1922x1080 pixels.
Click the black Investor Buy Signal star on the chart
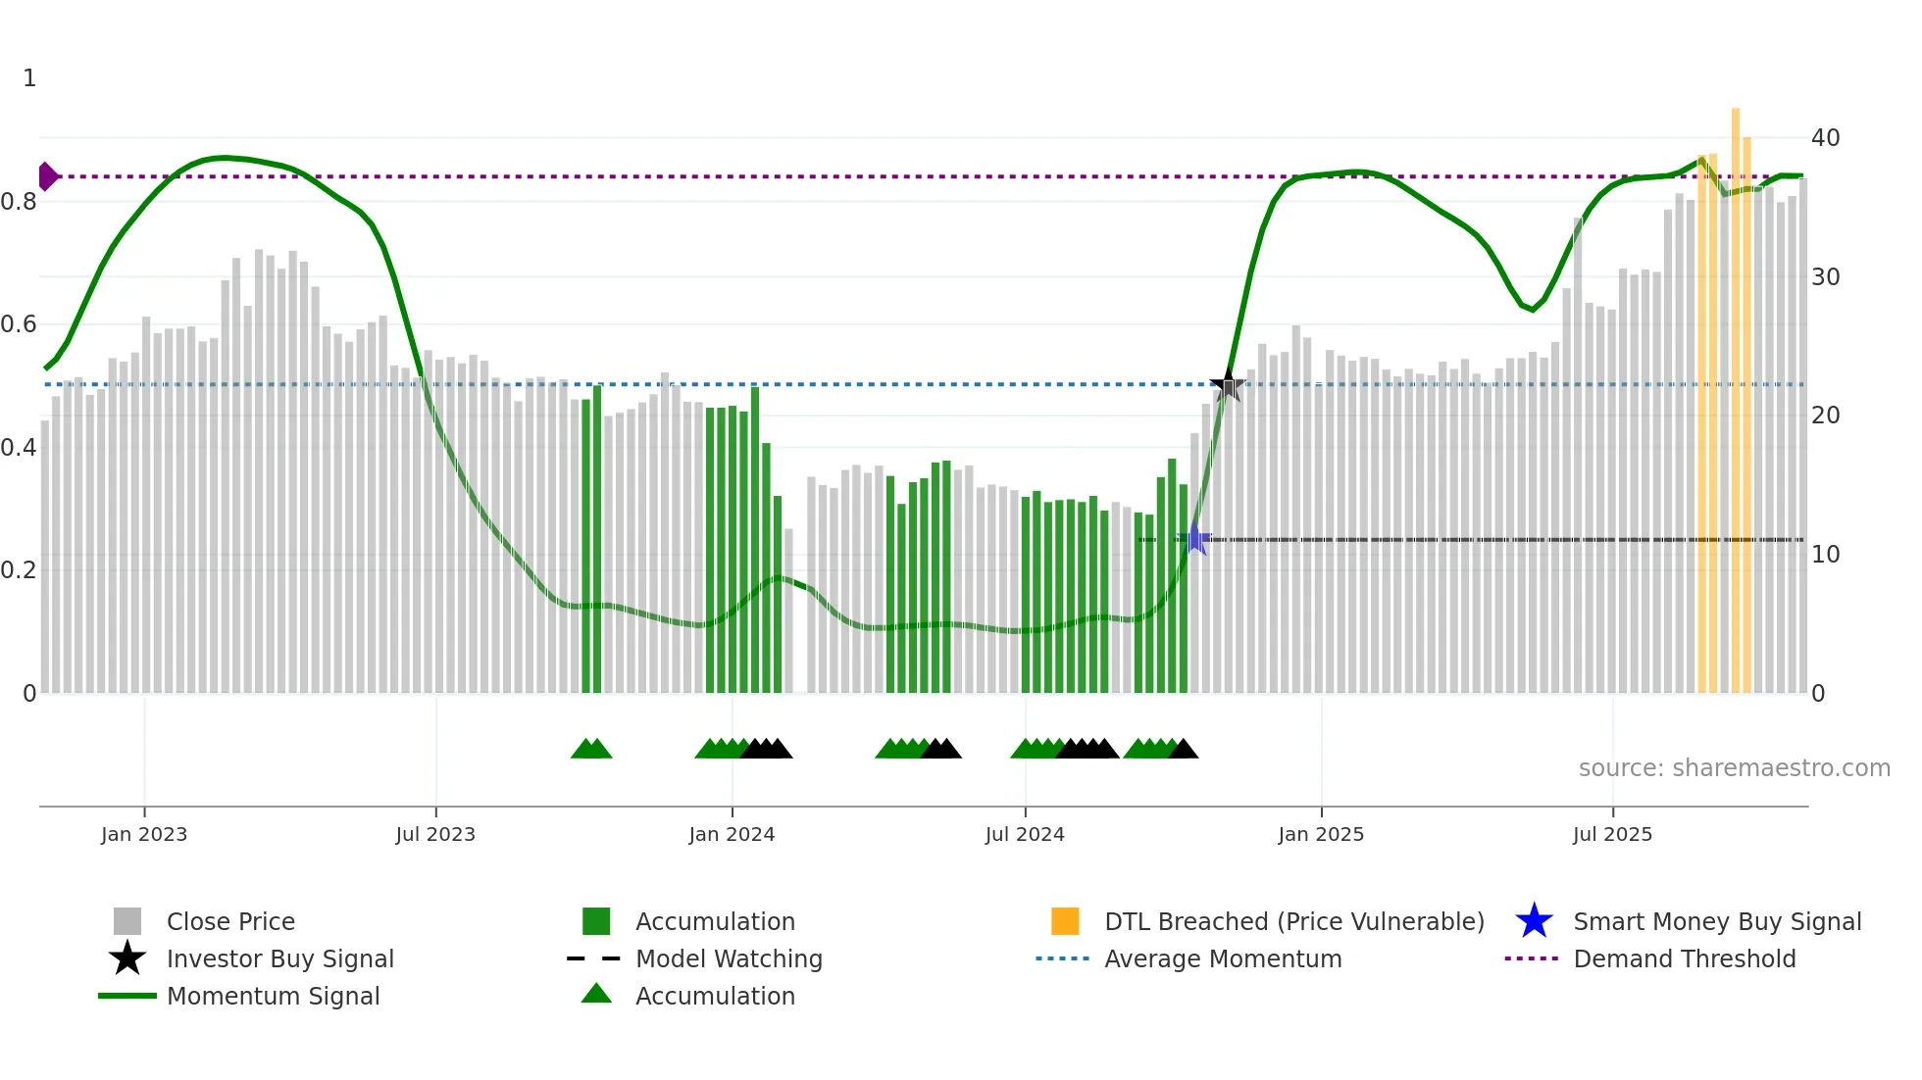coord(1228,385)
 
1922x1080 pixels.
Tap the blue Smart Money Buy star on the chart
coord(1195,539)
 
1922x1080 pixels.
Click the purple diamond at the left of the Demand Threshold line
coord(47,176)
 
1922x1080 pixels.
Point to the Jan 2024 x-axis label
coord(732,835)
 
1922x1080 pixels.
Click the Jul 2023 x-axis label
coord(435,835)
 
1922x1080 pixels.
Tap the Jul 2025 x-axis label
coord(1612,835)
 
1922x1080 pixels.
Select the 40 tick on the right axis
coord(1825,138)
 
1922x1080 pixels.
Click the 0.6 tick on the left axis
coord(19,324)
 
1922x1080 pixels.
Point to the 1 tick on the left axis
coord(29,78)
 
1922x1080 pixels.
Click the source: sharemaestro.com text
coord(1734,768)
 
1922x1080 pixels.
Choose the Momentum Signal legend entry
coord(273,997)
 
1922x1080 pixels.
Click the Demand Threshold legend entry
coord(1684,959)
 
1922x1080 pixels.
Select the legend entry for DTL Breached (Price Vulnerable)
coord(1293,922)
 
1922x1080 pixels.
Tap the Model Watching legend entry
coord(728,959)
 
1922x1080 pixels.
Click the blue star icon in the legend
coord(1534,922)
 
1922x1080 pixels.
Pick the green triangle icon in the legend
coord(596,995)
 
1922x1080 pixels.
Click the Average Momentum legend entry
coord(1222,959)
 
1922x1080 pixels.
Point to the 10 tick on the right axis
coord(1825,555)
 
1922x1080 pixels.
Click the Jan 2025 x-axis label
coord(1320,835)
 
